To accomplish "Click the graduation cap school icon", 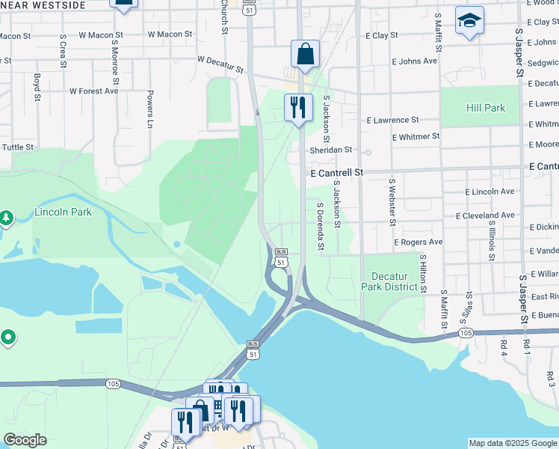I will click(x=469, y=22).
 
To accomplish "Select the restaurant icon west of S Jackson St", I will click(x=297, y=109).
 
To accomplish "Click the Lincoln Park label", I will click(x=63, y=212).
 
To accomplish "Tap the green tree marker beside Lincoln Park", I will click(x=6, y=218).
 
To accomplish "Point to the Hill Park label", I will click(x=486, y=108).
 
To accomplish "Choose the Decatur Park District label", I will click(x=391, y=281).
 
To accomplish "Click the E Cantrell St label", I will click(x=336, y=172).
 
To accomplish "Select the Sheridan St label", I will click(x=330, y=150).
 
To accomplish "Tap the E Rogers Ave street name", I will click(x=419, y=242).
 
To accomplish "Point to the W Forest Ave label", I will click(x=93, y=91).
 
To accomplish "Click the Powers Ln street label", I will click(x=150, y=109).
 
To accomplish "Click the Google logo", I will click(x=25, y=440).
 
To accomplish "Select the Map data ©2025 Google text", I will click(x=512, y=443).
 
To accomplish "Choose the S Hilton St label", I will click(x=422, y=273).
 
